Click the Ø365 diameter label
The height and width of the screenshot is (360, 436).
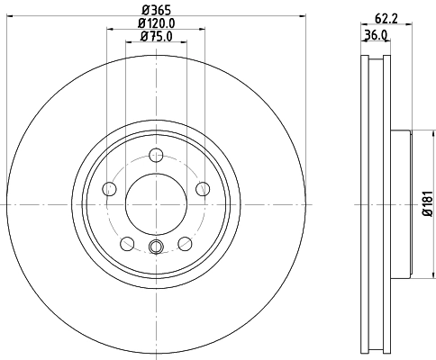click(x=154, y=10)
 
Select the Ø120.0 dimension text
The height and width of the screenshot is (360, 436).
click(x=156, y=23)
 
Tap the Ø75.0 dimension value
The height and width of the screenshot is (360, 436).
click(x=155, y=36)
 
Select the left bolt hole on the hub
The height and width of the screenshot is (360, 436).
click(x=110, y=188)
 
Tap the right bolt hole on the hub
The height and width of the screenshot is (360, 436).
click(x=202, y=188)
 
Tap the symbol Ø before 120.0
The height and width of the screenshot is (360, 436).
click(x=141, y=23)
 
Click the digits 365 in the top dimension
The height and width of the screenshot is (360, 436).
click(x=159, y=10)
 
